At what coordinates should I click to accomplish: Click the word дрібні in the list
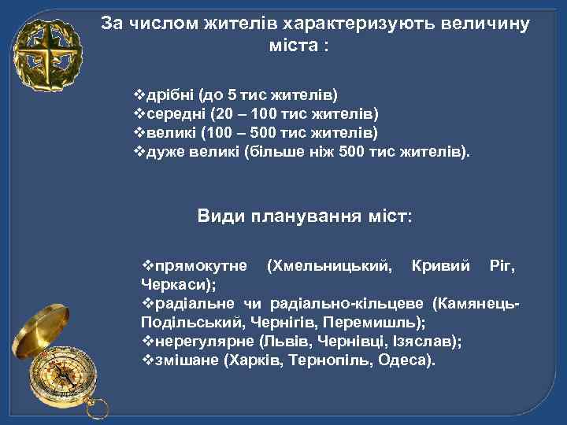169,95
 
